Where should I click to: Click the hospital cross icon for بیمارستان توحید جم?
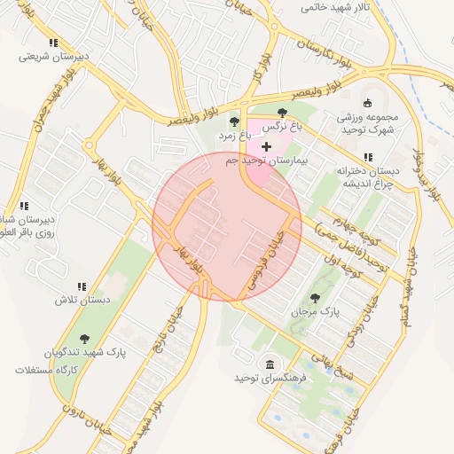[x=267, y=145]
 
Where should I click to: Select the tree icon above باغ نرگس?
[x=282, y=113]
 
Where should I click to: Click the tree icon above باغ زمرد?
[x=234, y=121]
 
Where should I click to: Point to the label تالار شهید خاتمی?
[x=333, y=8]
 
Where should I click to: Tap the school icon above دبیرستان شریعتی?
[x=54, y=43]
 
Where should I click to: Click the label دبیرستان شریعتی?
[x=55, y=57]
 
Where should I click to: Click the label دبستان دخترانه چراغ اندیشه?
[x=368, y=177]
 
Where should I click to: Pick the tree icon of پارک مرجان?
[x=315, y=297]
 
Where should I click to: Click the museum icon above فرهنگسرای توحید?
[x=270, y=364]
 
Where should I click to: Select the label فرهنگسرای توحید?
[x=270, y=379]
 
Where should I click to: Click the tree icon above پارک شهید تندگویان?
[x=84, y=339]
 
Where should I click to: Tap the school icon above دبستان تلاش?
[x=82, y=286]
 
